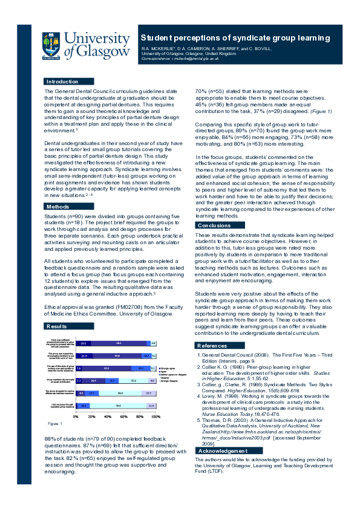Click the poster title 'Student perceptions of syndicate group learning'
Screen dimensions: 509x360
(235, 37)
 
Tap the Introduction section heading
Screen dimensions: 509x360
(62, 81)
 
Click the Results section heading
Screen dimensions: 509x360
(57, 326)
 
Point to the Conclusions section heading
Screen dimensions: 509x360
(214, 225)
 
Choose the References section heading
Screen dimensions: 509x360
(212, 345)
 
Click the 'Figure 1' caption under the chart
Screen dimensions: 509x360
(54, 423)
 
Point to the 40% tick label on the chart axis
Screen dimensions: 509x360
(108, 417)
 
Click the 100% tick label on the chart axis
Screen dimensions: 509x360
(155, 417)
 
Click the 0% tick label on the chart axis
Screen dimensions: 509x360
(76, 417)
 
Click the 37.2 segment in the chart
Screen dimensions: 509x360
(133, 381)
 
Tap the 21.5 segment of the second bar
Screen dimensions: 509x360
(84, 356)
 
